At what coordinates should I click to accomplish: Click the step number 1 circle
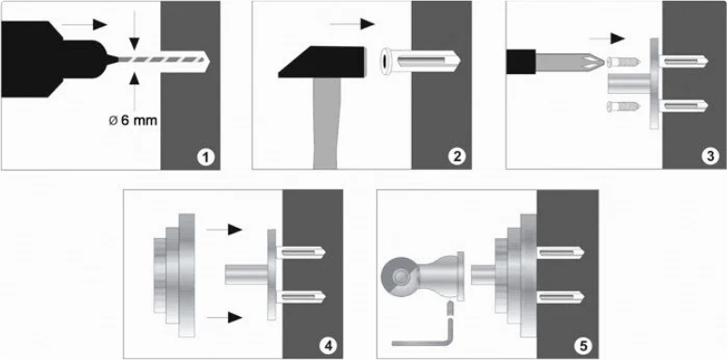(205, 157)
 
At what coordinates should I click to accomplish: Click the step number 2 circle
(457, 157)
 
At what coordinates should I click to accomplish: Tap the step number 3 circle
(710, 157)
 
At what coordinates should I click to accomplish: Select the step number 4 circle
(328, 346)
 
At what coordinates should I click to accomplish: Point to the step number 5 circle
(583, 346)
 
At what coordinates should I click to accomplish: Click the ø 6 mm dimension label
(132, 121)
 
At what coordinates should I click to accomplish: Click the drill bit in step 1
(163, 60)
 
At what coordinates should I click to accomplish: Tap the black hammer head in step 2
(322, 62)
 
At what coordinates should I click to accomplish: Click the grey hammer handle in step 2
(326, 123)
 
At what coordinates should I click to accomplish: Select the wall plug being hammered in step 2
(419, 62)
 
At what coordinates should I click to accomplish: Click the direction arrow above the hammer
(352, 24)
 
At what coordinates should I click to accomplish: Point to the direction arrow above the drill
(84, 24)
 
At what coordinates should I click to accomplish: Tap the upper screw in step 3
(624, 62)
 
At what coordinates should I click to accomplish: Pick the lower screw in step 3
(624, 107)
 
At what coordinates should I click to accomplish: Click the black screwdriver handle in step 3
(522, 63)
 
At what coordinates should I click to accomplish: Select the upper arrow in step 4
(224, 229)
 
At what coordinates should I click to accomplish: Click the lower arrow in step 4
(224, 318)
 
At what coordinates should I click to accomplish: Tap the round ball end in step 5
(400, 277)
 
